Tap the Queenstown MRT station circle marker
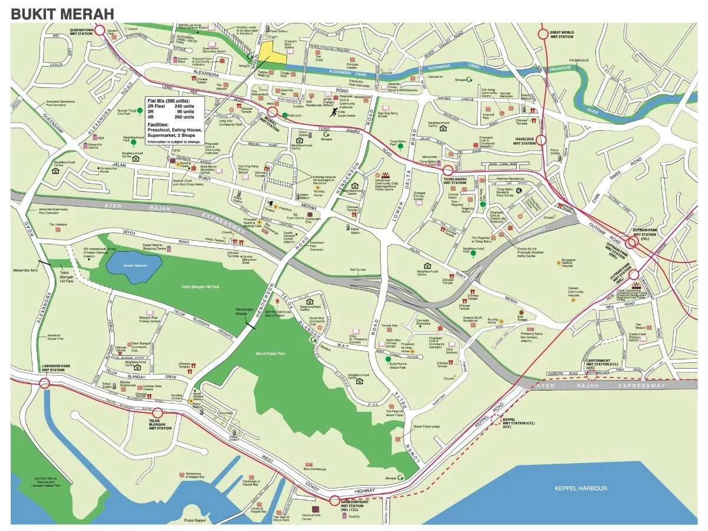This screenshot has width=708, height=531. (99, 30)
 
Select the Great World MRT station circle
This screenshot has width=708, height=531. (543, 34)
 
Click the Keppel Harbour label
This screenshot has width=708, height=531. (580, 488)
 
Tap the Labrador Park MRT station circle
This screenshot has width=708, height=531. (45, 383)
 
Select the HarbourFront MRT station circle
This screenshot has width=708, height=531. (335, 502)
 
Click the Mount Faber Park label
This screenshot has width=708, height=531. (270, 353)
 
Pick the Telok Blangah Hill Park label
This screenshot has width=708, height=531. (200, 287)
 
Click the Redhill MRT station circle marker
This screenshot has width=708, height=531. (273, 112)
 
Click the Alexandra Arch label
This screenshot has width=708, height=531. (25, 270)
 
